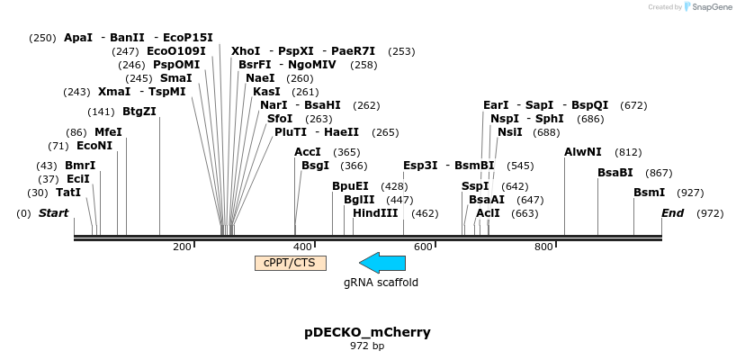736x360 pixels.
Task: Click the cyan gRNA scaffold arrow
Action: pyautogui.click(x=382, y=263)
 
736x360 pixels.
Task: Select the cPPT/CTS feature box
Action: pyautogui.click(x=291, y=263)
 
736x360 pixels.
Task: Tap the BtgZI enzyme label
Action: pyautogui.click(x=139, y=112)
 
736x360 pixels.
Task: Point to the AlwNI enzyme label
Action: pyautogui.click(x=583, y=152)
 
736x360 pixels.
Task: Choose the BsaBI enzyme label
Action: pyautogui.click(x=615, y=173)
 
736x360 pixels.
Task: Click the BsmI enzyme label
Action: pyautogui.click(x=650, y=193)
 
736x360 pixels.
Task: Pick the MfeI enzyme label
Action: pyautogui.click(x=108, y=131)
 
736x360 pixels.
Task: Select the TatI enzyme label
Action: pyautogui.click(x=68, y=193)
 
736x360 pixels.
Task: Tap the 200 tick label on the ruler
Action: pyautogui.click(x=182, y=247)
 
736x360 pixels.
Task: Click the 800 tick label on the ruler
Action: pyautogui.click(x=543, y=247)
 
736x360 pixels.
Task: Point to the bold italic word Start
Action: pyautogui.click(x=53, y=213)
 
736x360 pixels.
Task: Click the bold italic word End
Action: pyautogui.click(x=672, y=213)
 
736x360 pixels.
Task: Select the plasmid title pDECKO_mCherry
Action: pyautogui.click(x=367, y=332)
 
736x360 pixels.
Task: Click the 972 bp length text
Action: pyautogui.click(x=367, y=346)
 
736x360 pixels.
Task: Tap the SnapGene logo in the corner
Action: pyautogui.click(x=707, y=7)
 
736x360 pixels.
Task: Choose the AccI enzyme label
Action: pyautogui.click(x=308, y=152)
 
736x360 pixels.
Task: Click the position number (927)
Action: pyautogui.click(x=690, y=193)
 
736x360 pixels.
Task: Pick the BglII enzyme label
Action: pyautogui.click(x=359, y=200)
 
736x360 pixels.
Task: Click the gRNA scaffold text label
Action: pyautogui.click(x=381, y=282)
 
